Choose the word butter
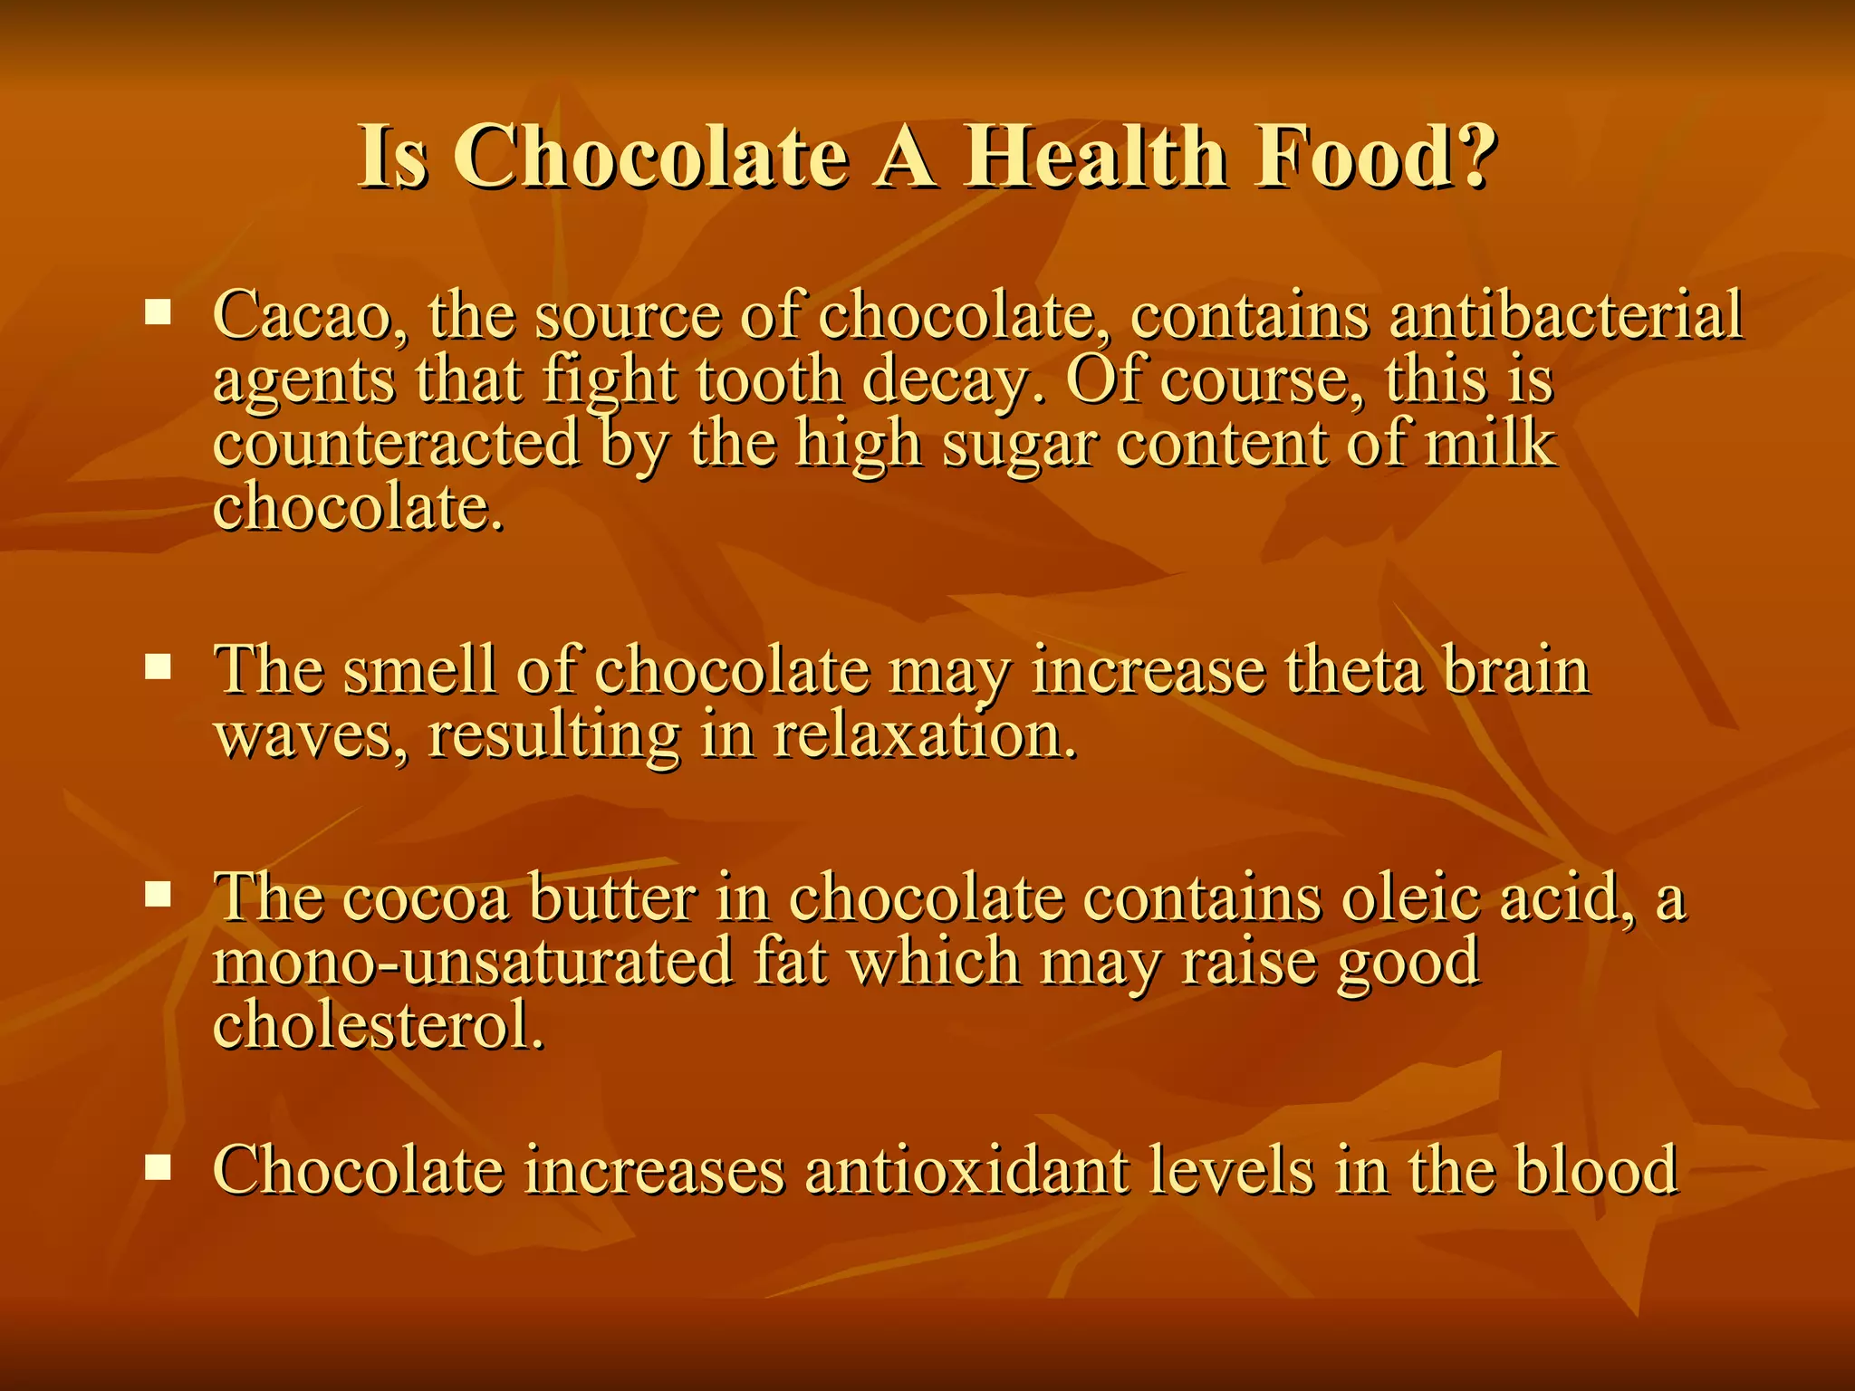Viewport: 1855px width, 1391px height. (x=612, y=897)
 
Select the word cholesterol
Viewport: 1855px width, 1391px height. (x=379, y=1025)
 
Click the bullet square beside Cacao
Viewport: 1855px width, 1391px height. (x=159, y=313)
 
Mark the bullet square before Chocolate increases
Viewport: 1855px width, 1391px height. (x=159, y=1167)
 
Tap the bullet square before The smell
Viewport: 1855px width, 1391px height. (x=159, y=668)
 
